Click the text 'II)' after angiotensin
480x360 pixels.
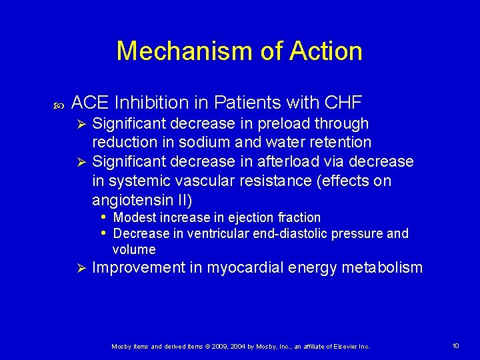point(182,200)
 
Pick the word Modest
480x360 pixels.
point(135,218)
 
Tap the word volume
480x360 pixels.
point(134,250)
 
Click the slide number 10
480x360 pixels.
point(455,345)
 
